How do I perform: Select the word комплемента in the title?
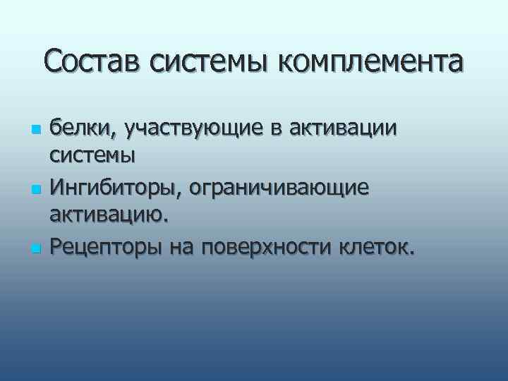coord(371,61)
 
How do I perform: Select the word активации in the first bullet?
coord(339,129)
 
